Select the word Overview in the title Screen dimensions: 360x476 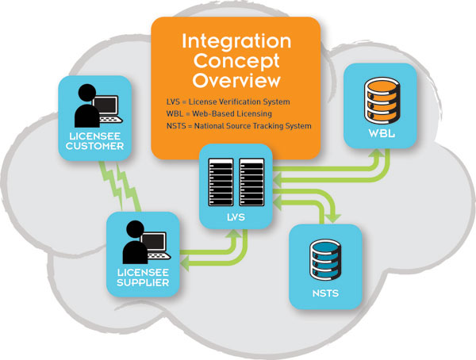coord(236,81)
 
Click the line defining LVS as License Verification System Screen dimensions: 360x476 coord(226,102)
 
